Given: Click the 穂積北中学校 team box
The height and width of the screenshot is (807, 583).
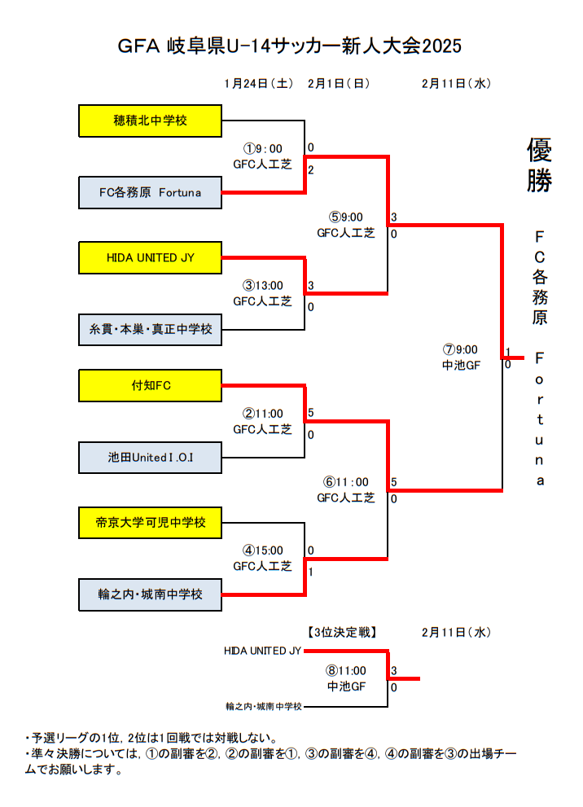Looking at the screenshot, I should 151,121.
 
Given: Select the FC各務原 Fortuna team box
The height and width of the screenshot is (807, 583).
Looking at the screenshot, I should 151,193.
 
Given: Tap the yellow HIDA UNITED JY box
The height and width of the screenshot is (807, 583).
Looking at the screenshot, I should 151,257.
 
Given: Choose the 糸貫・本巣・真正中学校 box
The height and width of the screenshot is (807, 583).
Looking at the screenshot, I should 151,330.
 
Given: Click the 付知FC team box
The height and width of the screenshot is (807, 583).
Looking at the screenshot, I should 151,385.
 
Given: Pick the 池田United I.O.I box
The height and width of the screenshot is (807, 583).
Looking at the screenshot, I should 151,457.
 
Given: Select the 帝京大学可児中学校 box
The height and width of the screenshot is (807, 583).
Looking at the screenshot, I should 151,522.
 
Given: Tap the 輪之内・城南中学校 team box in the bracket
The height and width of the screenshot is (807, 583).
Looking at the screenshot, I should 151,594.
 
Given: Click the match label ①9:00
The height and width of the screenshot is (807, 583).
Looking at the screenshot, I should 262,148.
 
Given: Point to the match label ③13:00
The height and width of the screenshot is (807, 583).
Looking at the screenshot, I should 262,286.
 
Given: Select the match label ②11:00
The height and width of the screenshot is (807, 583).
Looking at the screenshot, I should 262,414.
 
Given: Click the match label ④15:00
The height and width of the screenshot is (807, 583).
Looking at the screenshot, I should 262,550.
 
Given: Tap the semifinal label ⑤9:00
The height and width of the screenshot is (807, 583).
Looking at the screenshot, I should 345,217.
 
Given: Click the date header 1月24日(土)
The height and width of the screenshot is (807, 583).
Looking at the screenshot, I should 258,83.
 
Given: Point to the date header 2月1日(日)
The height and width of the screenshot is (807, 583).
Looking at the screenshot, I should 340,83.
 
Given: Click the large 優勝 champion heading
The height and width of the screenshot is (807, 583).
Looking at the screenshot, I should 539,164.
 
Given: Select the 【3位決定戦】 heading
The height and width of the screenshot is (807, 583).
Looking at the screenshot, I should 342,631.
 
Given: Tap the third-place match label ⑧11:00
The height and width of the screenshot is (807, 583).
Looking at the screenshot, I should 346,671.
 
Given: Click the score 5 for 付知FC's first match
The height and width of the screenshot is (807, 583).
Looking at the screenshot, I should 311,413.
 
